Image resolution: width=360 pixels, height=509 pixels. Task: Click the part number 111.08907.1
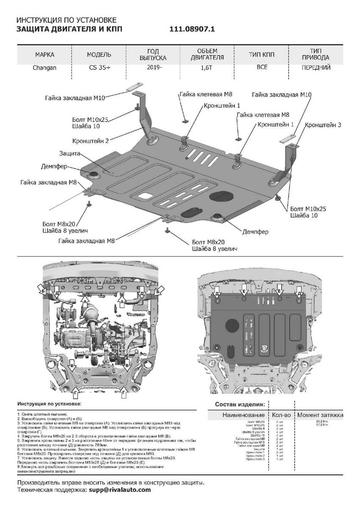point(193,29)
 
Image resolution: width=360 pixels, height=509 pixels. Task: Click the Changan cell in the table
point(45,67)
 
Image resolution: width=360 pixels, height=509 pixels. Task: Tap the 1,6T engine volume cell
point(207,67)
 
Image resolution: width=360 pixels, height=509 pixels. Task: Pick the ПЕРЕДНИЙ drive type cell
point(316,67)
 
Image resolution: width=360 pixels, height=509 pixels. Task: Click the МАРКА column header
point(45,55)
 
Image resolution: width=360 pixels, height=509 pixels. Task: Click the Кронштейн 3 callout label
point(323,125)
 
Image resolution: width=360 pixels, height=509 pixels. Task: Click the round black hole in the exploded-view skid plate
point(220,198)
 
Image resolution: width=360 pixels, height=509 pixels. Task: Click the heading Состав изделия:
point(240,404)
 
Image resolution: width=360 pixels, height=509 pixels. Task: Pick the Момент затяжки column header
point(320,415)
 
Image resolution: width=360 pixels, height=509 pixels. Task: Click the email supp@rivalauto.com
point(120,489)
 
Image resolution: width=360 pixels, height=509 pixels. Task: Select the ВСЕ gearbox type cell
point(262,67)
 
